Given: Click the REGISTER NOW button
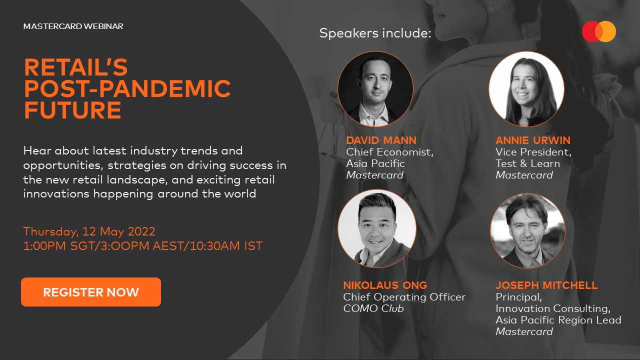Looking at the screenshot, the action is (91, 292).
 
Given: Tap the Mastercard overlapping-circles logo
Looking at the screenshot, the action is (599, 31).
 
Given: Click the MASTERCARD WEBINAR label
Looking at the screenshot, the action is (73, 26).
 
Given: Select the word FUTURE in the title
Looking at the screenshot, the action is (73, 110).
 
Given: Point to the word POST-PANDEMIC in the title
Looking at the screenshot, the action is (127, 88).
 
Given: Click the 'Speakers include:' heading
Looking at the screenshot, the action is (375, 33).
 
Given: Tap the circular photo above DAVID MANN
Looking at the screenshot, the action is (375, 89).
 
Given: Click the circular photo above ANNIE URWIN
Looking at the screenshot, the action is (526, 89).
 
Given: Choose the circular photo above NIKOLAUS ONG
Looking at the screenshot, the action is (377, 228).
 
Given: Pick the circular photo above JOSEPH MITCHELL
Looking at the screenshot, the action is (527, 231).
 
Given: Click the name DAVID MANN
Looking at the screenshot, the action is (381, 140).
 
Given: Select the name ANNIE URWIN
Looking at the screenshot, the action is (533, 140).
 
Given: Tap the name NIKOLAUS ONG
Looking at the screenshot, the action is (385, 285).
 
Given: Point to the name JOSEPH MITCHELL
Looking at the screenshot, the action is (546, 285).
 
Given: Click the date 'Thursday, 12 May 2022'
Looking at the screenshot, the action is (89, 231).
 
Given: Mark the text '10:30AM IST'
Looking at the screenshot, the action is (226, 246).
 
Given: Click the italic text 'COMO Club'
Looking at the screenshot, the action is (373, 308).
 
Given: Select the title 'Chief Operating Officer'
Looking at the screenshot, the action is (404, 297).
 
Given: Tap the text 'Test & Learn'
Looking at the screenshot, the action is (527, 163).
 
